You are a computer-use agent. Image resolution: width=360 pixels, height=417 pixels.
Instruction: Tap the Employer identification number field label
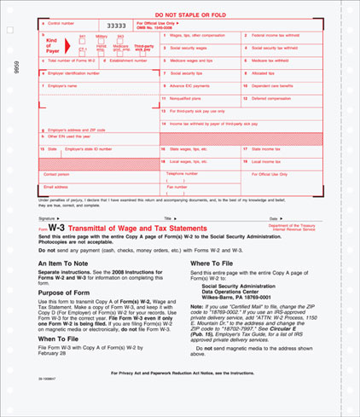(73, 74)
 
